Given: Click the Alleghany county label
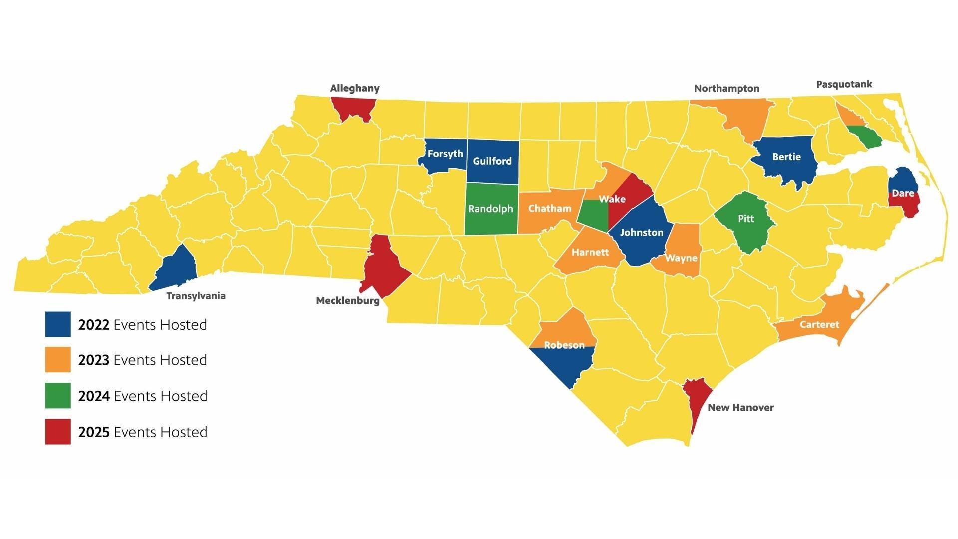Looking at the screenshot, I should click(355, 88).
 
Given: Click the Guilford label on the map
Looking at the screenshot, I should click(492, 161).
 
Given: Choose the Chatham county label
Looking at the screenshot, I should click(550, 208).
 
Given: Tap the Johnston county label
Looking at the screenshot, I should click(642, 232).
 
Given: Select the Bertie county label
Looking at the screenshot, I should click(786, 157).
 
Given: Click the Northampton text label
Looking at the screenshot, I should click(726, 88).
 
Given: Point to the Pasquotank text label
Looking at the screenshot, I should click(844, 84).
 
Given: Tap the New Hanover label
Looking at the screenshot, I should click(740, 407).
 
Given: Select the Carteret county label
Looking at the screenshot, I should click(819, 324).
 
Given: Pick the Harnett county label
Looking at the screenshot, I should click(590, 252).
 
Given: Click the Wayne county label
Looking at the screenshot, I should click(681, 258).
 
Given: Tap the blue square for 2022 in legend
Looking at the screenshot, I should click(58, 324).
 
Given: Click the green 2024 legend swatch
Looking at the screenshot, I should click(58, 396).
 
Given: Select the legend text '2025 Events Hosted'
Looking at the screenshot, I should click(143, 432).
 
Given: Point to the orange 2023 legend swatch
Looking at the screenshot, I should click(58, 360).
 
